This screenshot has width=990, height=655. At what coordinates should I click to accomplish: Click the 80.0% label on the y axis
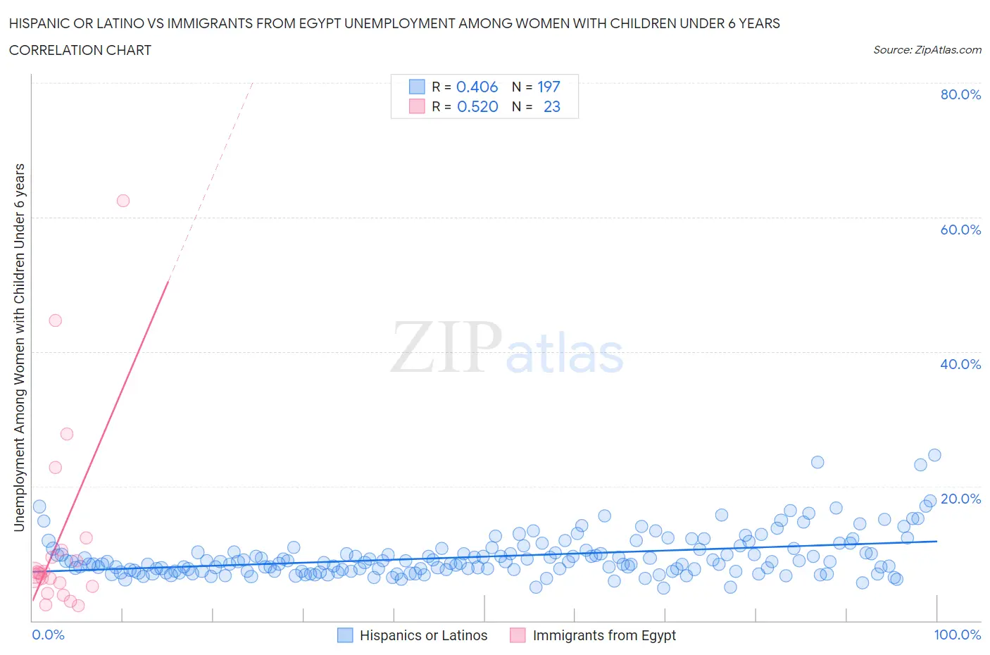tap(960, 94)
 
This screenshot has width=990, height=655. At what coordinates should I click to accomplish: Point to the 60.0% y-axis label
tap(960, 230)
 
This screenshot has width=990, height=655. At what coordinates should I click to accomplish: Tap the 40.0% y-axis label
tap(960, 364)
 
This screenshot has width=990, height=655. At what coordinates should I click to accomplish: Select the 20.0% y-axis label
tap(960, 499)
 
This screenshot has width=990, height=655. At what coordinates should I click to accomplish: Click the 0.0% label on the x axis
tap(48, 635)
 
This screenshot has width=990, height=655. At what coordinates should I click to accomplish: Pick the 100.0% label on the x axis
tap(957, 635)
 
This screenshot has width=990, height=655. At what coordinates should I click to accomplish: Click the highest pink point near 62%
tap(123, 201)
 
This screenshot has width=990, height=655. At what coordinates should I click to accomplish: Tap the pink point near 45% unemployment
tap(56, 320)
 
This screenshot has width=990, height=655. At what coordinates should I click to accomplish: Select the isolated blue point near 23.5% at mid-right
tap(817, 462)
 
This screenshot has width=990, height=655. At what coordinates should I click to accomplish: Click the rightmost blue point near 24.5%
tap(934, 455)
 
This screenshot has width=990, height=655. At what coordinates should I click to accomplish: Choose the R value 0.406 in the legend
tap(477, 87)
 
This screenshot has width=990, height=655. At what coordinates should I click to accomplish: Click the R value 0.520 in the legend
tap(477, 106)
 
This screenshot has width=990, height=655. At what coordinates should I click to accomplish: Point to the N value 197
tap(549, 87)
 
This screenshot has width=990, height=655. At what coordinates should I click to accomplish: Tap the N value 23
tap(552, 106)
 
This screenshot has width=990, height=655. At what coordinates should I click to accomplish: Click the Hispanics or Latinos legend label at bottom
tap(423, 635)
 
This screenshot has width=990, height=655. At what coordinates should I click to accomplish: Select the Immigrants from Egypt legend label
tap(604, 635)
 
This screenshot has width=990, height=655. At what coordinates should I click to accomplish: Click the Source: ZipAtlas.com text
tap(927, 49)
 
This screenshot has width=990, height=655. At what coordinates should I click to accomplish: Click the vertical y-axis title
tap(19, 347)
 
